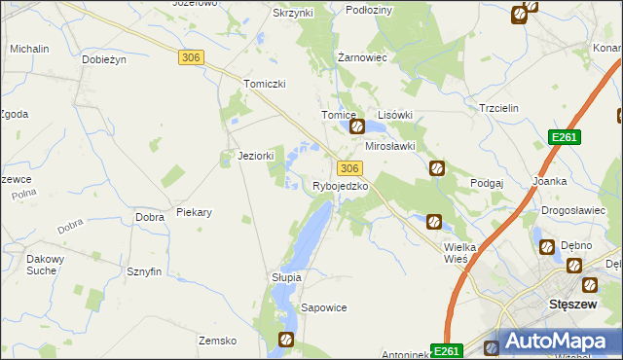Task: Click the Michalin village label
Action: coord(29,48)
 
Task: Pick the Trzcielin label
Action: coord(501,108)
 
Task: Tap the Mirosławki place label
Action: coord(390,146)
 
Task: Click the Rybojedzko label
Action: coord(340,185)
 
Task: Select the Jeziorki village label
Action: coord(256,155)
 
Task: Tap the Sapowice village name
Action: coord(324,307)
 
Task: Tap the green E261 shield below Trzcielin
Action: coord(564,138)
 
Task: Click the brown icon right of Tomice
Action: coord(357,126)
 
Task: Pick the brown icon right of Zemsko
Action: coord(286,340)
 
